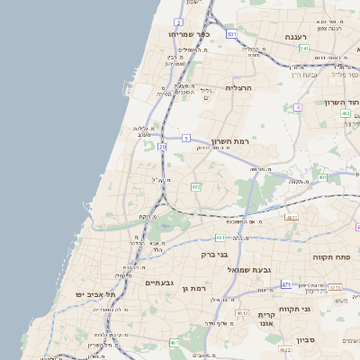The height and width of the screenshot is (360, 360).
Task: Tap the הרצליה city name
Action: coord(240,87)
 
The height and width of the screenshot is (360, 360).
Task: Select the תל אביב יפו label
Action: coord(97,294)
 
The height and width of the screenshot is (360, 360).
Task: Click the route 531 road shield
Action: coord(231,34)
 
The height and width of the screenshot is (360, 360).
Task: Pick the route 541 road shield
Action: coord(304,48)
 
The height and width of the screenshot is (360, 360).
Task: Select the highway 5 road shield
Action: coord(186,138)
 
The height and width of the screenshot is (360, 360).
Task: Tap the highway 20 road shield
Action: coord(162,146)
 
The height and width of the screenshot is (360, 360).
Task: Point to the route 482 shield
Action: coord(195,187)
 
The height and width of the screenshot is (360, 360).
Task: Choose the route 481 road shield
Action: coord(220,238)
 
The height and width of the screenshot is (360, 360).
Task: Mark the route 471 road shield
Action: coord(285,284)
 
